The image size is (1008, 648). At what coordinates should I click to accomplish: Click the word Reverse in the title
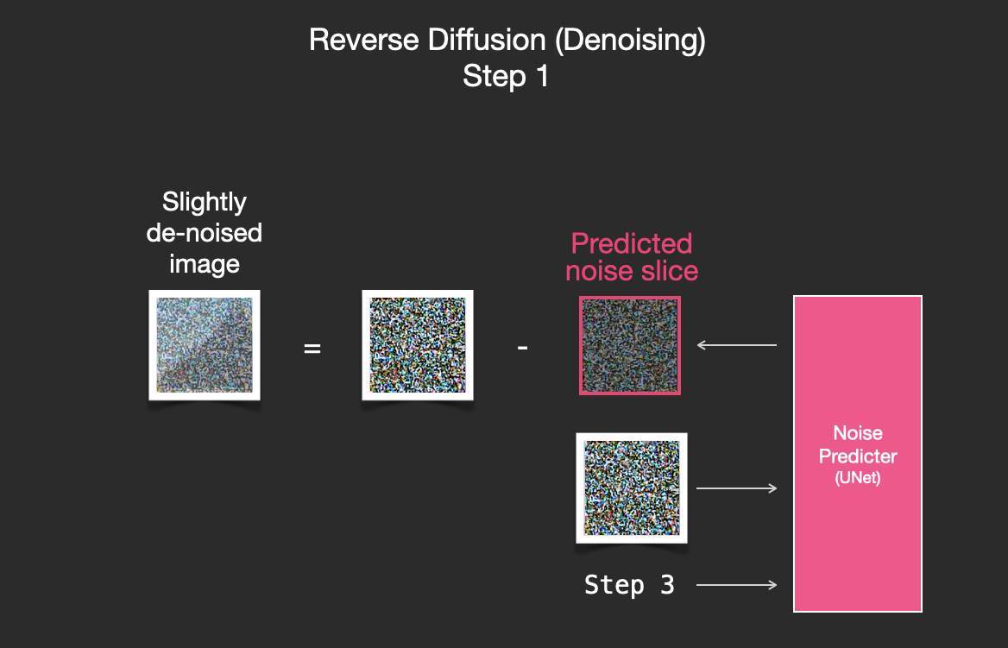364,40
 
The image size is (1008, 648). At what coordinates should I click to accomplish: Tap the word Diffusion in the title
488,40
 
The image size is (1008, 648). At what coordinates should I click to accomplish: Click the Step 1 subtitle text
506,76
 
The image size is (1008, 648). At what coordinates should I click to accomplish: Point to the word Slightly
205,203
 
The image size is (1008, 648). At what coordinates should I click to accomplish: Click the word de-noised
205,233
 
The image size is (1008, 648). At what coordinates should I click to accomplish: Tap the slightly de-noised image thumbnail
205,345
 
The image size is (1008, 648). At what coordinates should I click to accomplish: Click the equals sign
312,349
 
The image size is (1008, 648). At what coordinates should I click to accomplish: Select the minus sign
523,348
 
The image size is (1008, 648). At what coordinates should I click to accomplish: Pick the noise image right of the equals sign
418,345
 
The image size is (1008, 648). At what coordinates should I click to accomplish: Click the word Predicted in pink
632,243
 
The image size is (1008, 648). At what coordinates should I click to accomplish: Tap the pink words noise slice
632,271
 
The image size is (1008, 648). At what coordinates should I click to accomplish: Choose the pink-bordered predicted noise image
630,345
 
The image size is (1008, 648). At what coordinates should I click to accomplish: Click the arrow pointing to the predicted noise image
737,345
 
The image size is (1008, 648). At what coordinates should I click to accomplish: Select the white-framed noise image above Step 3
632,488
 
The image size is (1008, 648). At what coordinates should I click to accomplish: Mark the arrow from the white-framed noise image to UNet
737,488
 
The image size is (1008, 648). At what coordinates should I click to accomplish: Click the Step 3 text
629,585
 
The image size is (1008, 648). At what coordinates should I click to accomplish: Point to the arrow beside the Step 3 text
737,585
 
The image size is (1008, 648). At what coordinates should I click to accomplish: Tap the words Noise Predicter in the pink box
858,444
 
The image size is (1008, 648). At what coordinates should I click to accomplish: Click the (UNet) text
858,478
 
